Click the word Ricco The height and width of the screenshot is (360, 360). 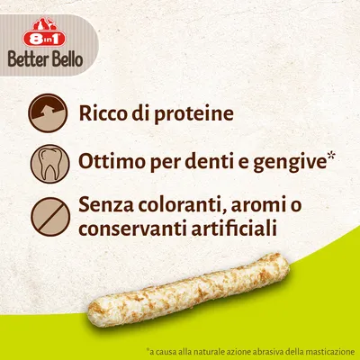pos(104,114)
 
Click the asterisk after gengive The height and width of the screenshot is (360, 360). pos(330,157)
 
